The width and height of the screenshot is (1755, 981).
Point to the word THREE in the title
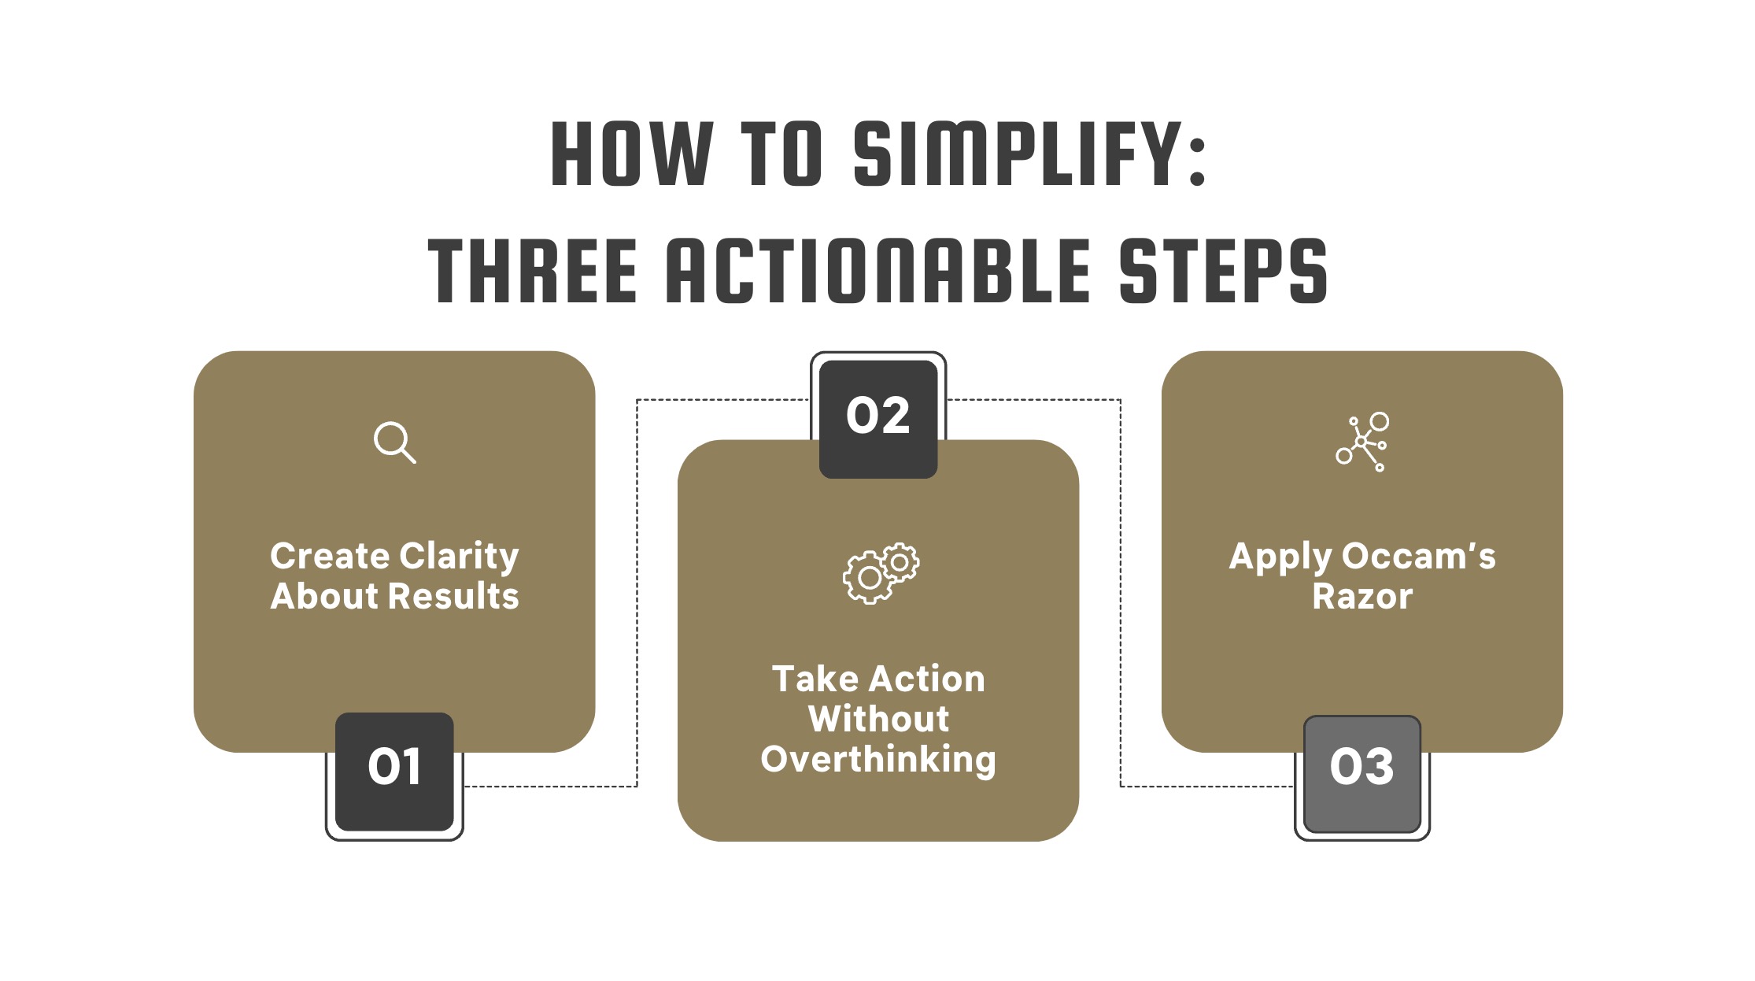[532, 271]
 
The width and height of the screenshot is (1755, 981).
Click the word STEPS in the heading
[1223, 271]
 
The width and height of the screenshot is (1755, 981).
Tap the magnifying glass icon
[394, 442]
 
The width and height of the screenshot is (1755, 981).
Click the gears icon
[881, 573]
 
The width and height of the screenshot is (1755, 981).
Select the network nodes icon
[1362, 442]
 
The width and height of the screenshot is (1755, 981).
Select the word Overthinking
[878, 760]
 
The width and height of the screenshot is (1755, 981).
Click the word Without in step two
[878, 720]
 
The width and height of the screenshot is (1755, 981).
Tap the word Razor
[1362, 597]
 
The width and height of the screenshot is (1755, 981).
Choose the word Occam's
[1418, 557]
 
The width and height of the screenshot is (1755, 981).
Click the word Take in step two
[814, 679]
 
